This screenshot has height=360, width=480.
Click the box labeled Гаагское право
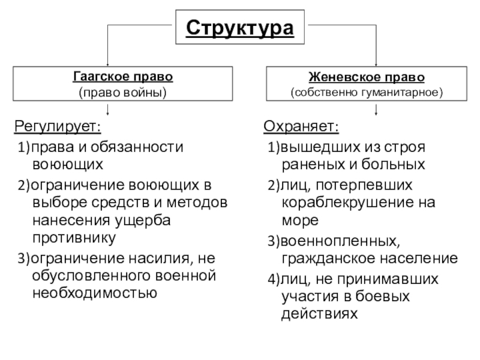pos(122,84)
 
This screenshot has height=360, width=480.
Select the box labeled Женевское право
pos(366,84)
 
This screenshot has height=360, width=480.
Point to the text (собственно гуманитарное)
pos(366,93)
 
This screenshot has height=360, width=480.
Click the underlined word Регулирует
pos(58,128)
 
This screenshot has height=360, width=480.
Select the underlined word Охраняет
pos(301,128)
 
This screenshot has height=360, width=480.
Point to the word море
pos(299,220)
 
